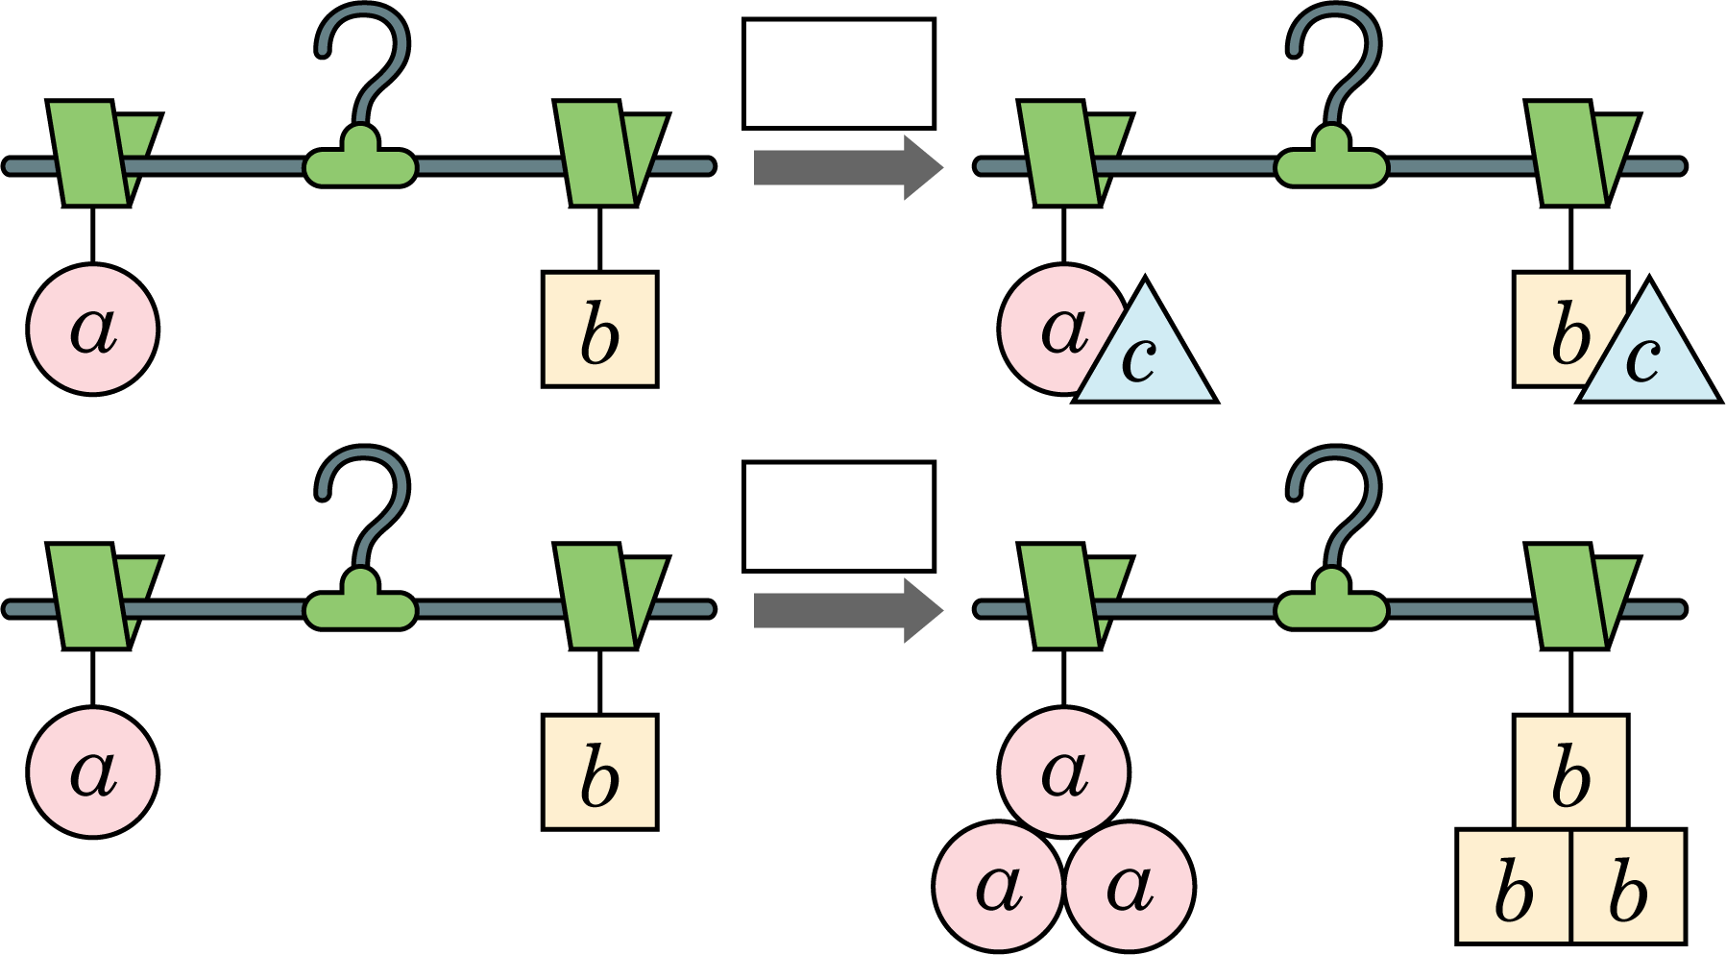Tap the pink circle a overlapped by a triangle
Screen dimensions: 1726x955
[x=1057, y=330]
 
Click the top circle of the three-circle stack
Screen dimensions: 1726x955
[x=1064, y=772]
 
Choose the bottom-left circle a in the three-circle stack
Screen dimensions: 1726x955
[x=999, y=886]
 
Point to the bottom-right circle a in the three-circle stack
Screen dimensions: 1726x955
[x=1130, y=886]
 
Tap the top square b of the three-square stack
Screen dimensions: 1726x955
[x=1571, y=772]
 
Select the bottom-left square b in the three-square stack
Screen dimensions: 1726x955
[x=1514, y=886]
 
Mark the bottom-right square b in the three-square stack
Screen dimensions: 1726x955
[x=1629, y=886]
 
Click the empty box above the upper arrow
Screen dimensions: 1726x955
[x=839, y=73]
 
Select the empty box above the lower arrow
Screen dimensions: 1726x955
[x=839, y=516]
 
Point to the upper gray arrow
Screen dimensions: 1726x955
[x=848, y=167]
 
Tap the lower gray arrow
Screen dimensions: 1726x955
[x=848, y=610]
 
